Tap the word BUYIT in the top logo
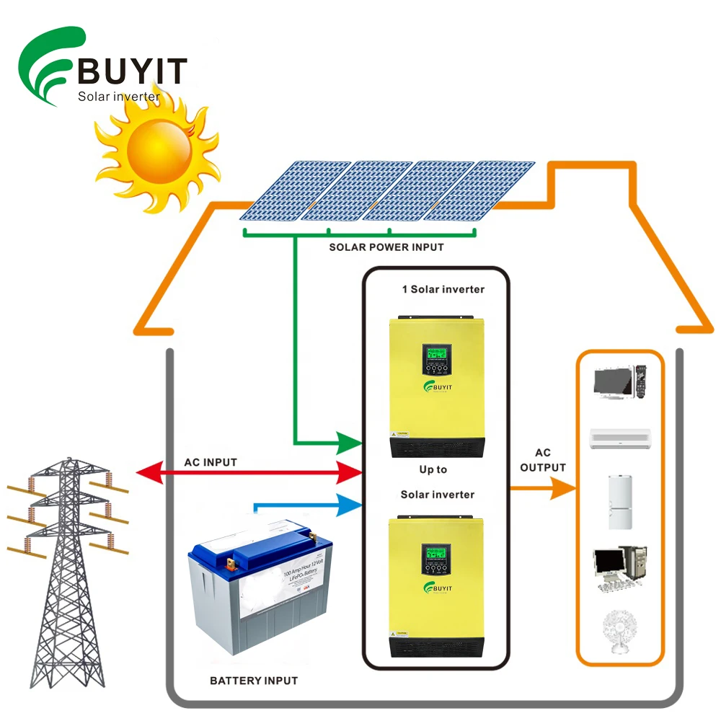click(132, 71)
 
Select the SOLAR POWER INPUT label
click(386, 247)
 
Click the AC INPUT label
click(211, 462)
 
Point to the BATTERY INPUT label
click(254, 680)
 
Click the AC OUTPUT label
click(542, 460)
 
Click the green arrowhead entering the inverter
click(351, 441)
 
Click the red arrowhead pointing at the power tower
click(149, 473)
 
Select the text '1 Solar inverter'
click(443, 289)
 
